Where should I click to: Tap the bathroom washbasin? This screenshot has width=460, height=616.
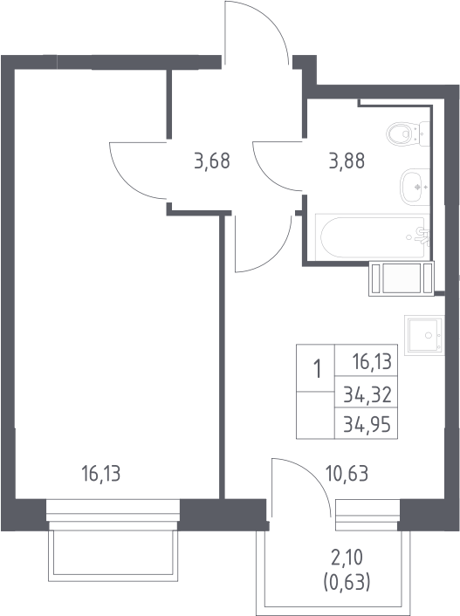pyautogui.click(x=415, y=187)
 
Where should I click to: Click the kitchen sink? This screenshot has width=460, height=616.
pyautogui.click(x=424, y=335)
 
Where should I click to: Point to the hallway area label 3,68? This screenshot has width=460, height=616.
pyautogui.click(x=212, y=161)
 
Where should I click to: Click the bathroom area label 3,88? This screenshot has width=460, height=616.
pyautogui.click(x=347, y=161)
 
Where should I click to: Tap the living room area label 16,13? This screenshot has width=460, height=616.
pyautogui.click(x=101, y=473)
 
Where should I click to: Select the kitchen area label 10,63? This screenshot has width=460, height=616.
pyautogui.click(x=347, y=474)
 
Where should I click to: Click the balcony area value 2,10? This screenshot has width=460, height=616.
pyautogui.click(x=347, y=558)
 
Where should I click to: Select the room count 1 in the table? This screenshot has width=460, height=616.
pyautogui.click(x=317, y=370)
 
